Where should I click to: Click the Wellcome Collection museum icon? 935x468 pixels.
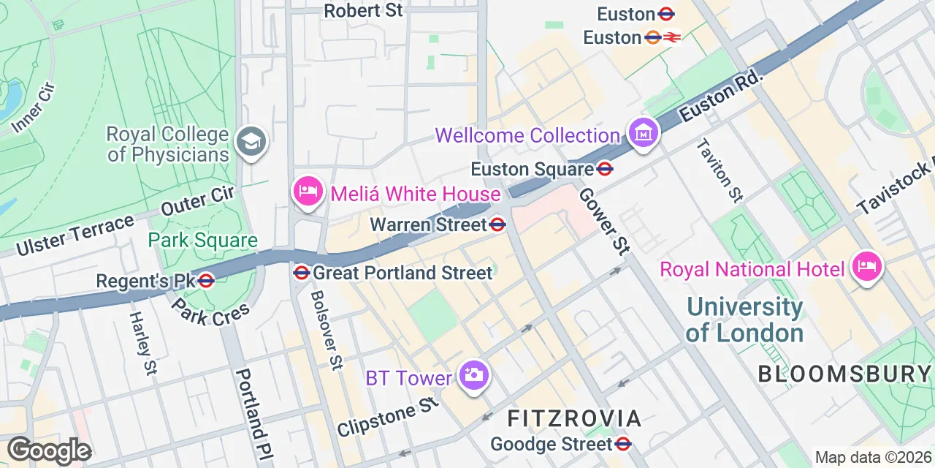coord(644,134)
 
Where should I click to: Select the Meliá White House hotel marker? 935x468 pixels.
coord(308,192)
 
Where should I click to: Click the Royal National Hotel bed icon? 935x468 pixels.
coord(867,267)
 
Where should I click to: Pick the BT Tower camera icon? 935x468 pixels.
coord(473,376)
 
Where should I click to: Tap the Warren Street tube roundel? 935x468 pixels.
coord(498,224)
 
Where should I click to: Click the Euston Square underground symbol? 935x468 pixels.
coord(605,169)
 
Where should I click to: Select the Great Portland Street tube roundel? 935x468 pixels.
coord(301,273)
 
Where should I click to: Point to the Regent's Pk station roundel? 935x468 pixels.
coord(206,280)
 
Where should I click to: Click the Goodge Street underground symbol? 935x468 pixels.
coord(623,443)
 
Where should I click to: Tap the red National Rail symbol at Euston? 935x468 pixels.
coord(672,37)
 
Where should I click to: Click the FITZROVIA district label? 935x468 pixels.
coord(574,418)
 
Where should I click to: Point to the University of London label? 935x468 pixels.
coord(744,320)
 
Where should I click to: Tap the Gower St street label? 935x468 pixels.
coord(603,222)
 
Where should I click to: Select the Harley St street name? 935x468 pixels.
coord(143,343)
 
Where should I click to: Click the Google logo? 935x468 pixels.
coord(49,450)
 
